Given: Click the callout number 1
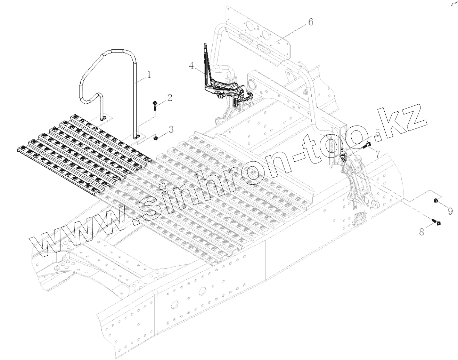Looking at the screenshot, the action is pos(149,74).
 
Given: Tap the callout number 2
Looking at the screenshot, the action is pos(170,97).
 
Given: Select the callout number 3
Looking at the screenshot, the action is pos(171,130).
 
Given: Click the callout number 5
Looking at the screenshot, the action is pos(377,134).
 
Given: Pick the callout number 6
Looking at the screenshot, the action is pos(310,22).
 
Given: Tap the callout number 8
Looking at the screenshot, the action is pos(422,232).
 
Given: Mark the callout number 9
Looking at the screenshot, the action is pos(450,211).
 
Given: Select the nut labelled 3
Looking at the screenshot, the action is pos(155,138).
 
